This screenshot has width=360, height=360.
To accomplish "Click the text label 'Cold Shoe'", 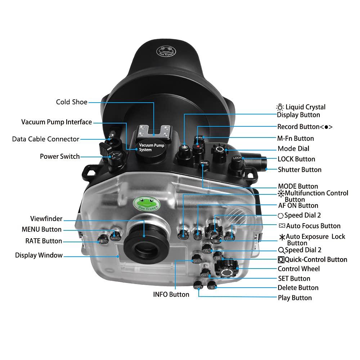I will point(72,102).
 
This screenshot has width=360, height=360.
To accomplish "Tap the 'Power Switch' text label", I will point(60,157).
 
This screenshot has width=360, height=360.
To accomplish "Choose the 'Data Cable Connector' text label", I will point(45,139).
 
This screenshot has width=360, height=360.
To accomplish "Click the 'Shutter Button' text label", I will point(300,170).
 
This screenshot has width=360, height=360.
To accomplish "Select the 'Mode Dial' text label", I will point(293,149).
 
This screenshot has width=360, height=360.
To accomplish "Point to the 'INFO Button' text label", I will point(171,294).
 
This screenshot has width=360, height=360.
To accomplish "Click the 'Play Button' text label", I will point(294,298).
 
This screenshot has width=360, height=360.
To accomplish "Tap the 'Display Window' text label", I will point(39,255).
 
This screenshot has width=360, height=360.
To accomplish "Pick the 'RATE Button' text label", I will point(44,241).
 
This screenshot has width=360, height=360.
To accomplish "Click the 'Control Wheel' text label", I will point(298,269).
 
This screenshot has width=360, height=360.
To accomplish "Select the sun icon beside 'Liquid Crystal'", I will point(280,107).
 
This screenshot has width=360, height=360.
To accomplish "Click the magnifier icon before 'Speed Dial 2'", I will point(281,250).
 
